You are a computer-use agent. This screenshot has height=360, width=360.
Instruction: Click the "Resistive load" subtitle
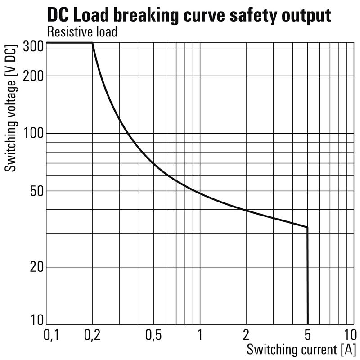[x=82, y=32]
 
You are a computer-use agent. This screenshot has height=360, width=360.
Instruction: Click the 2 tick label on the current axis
[x=246, y=335]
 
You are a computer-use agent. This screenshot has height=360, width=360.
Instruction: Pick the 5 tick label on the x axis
[x=308, y=335]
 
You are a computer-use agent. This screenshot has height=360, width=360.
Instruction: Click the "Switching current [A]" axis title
[x=301, y=349]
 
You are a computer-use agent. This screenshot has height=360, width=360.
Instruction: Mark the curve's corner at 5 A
[x=307, y=227]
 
